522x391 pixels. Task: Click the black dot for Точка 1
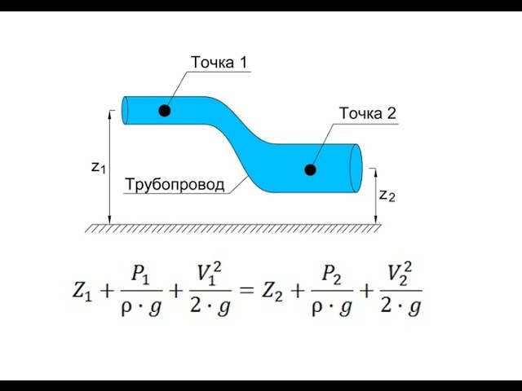165,111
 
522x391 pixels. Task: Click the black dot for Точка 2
310,170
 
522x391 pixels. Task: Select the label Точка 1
219,62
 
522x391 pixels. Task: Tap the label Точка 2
368,113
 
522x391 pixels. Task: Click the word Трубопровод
175,185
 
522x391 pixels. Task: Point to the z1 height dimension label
98,168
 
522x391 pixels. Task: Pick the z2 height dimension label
387,195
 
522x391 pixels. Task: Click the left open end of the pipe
125,111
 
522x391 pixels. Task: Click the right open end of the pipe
356,169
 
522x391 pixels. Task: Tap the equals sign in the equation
246,291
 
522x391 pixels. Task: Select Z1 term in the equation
82,292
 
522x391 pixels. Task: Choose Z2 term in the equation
272,292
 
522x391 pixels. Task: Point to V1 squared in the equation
210,274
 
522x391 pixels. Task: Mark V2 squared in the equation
400,274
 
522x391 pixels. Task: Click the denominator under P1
141,307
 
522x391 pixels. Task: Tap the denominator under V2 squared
400,306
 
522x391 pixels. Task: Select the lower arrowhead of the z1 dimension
109,219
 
